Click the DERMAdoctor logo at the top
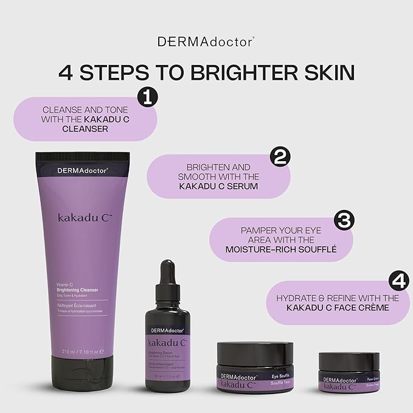pos(206,41)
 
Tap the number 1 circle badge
pos(147,96)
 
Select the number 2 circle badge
pos(280,156)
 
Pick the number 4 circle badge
pos(397,282)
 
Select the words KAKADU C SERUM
pos(218,187)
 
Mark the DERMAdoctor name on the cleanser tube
pos(82,171)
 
